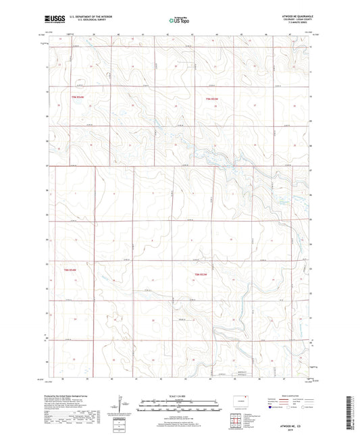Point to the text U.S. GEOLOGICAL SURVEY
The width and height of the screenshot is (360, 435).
pos(85,22)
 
